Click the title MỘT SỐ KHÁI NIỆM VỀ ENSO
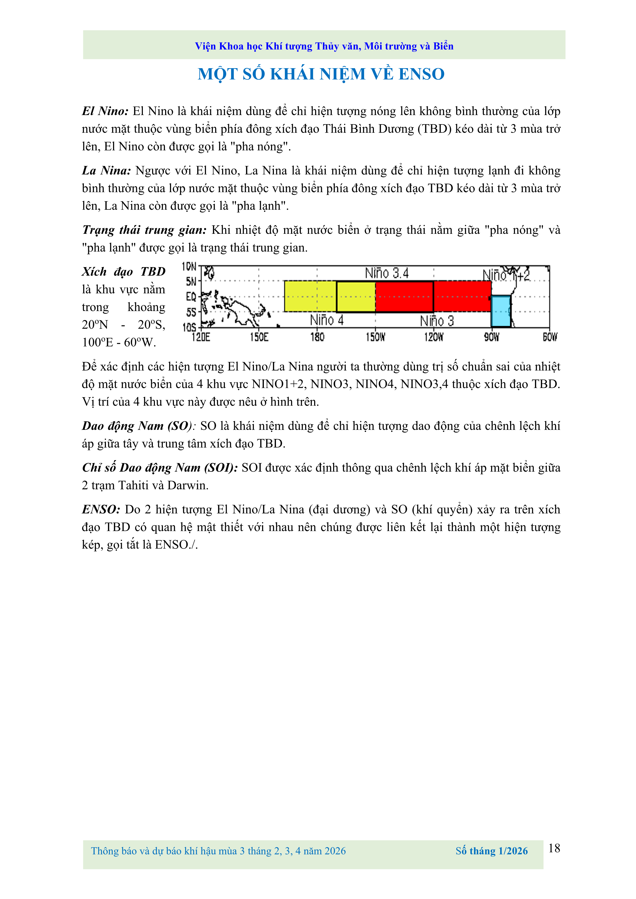[321, 74]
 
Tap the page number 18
[554, 849]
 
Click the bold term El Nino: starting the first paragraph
[105, 111]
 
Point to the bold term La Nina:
[106, 171]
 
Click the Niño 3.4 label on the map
[386, 273]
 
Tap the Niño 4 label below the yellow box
[327, 320]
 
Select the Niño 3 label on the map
[437, 321]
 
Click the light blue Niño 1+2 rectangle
[501, 311]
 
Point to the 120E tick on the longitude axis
[201, 337]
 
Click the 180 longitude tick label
[317, 337]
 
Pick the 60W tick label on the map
[550, 337]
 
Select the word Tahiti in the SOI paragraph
[133, 486]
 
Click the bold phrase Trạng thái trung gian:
[144, 230]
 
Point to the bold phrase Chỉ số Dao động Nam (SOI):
[160, 468]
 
